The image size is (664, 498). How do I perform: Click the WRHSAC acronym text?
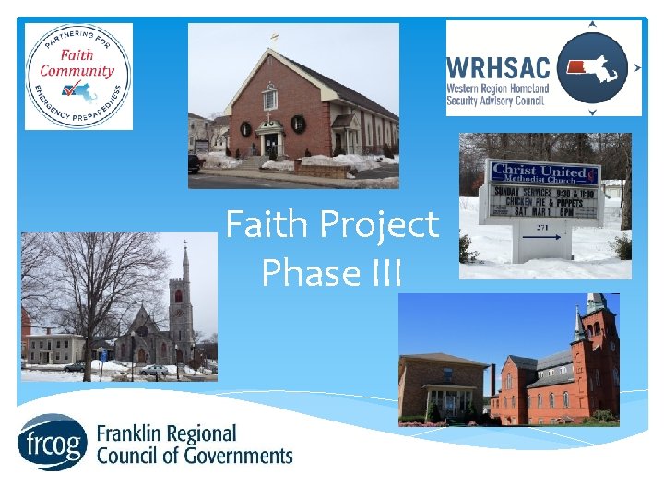[x=498, y=66]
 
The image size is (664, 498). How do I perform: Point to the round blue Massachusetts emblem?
[x=593, y=67]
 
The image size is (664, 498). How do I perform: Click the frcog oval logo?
[x=52, y=443]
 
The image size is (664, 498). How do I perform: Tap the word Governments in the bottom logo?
[x=235, y=456]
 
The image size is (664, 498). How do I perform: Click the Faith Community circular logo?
[x=78, y=76]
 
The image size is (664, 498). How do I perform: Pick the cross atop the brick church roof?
[x=274, y=39]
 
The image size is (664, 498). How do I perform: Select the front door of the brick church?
[x=270, y=145]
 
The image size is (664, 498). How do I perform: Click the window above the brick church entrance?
[x=270, y=96]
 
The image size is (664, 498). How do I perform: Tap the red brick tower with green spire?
[x=594, y=355]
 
